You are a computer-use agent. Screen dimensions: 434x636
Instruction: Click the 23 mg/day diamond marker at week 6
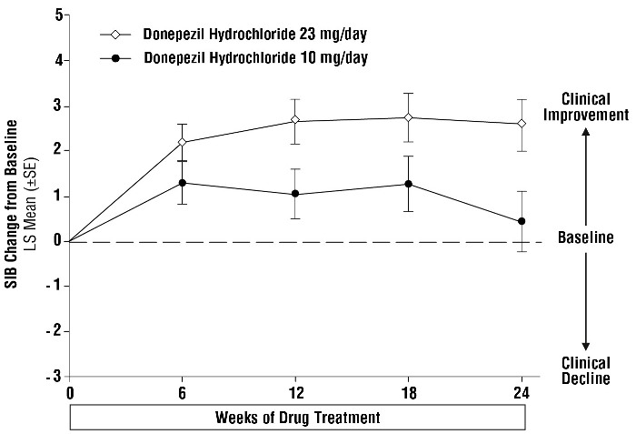[x=183, y=143]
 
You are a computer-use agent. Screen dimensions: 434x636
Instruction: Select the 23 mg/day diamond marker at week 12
[x=295, y=120]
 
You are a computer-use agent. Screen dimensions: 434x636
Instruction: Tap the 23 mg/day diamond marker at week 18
[x=408, y=117]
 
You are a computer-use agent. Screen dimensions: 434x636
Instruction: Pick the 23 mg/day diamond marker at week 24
[x=521, y=124]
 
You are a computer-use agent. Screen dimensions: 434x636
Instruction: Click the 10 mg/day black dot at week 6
[x=183, y=183]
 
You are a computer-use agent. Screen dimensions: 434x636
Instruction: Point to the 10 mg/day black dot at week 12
[x=295, y=194]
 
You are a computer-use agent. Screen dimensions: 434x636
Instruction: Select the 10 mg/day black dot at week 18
[x=408, y=184]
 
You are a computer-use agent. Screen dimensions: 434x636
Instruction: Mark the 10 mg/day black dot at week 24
[x=521, y=221]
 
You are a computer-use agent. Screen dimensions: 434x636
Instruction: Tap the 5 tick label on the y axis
[x=58, y=15]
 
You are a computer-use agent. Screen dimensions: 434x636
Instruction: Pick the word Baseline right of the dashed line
[x=586, y=240]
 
